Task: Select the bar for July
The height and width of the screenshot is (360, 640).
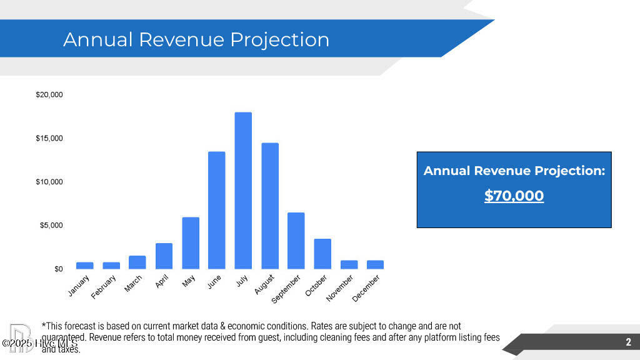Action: pos(243,191)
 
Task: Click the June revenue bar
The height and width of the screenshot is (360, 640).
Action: pos(216,210)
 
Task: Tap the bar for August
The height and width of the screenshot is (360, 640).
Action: pos(270,206)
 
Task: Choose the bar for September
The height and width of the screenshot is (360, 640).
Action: pos(296,241)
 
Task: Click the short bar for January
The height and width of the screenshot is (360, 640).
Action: pos(85,265)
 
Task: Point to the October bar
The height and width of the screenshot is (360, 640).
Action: pos(322,254)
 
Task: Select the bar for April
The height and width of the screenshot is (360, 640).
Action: pos(164,256)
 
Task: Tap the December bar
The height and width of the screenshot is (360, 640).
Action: pos(375,264)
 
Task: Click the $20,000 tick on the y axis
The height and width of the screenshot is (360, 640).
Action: pos(49,94)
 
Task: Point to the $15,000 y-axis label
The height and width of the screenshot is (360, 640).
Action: pos(49,138)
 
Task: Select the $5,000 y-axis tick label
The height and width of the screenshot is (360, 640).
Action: pos(51,225)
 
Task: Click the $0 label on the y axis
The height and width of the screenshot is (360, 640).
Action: pos(57,269)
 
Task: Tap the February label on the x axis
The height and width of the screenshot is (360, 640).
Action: pos(104,286)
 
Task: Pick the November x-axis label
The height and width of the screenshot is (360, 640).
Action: pos(340,289)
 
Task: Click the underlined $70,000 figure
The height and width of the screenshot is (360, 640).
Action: pos(514,196)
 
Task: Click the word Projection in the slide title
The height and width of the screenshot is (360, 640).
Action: pos(279,39)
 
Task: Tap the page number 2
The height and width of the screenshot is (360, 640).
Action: pos(628,342)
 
